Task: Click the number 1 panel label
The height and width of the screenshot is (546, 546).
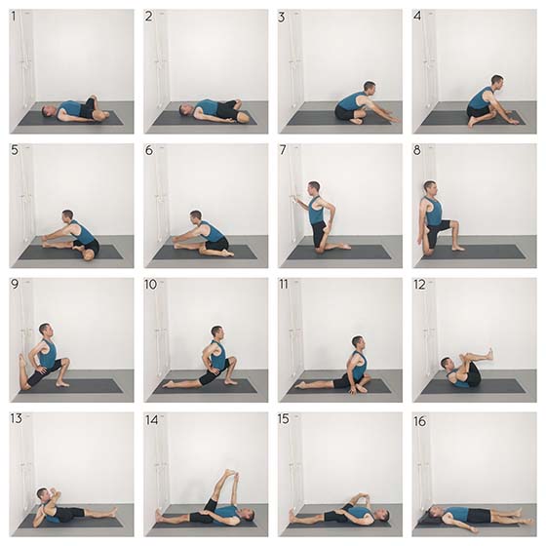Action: (x=14, y=16)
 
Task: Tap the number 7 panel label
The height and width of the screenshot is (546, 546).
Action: (x=283, y=150)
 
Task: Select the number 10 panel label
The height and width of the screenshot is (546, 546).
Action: (x=151, y=284)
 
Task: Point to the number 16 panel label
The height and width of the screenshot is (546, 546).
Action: (x=420, y=421)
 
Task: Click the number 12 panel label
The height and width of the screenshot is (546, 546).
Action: (x=419, y=285)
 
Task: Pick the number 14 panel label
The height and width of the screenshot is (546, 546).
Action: (x=151, y=420)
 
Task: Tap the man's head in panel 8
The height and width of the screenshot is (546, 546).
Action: (x=430, y=189)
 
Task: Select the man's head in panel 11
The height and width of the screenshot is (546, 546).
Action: (x=358, y=342)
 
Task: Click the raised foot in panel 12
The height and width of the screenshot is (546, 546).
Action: (x=490, y=354)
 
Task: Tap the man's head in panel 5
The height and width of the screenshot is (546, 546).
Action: (x=67, y=216)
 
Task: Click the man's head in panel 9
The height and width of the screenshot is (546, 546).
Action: (x=45, y=331)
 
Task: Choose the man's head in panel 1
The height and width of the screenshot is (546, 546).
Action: (x=48, y=111)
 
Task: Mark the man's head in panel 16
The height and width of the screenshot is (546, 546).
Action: (x=434, y=512)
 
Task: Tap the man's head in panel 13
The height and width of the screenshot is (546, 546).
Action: (x=43, y=493)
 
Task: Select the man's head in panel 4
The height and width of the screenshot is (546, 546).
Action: (x=497, y=82)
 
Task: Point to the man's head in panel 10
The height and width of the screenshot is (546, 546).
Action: (x=216, y=332)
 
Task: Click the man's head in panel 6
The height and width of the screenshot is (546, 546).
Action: (x=196, y=216)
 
